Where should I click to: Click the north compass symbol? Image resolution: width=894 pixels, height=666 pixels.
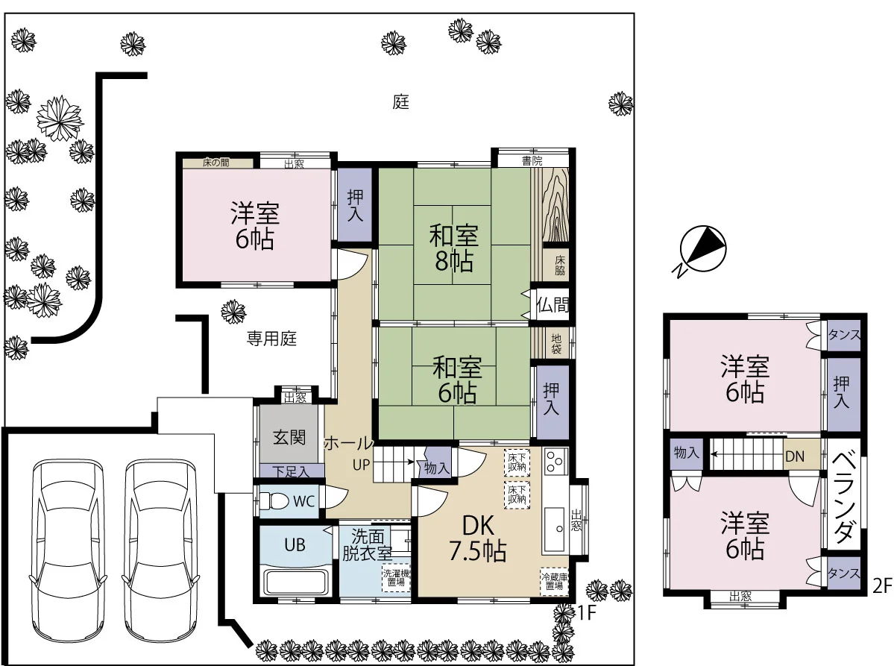702,250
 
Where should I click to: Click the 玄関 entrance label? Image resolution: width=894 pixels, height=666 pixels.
289,437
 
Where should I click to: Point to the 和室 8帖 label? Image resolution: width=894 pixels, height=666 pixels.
454,248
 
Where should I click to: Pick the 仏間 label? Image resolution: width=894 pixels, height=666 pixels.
553,305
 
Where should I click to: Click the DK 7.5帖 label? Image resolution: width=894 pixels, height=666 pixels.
478,539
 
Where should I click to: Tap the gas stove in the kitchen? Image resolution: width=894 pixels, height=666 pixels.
555,462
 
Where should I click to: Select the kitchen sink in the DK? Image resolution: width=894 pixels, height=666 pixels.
553,530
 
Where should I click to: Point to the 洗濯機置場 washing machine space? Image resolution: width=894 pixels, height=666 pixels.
396,577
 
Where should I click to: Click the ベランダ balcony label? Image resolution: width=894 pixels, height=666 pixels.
844,497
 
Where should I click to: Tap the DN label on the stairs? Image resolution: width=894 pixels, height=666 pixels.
795,456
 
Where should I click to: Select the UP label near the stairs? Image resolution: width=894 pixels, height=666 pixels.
362,465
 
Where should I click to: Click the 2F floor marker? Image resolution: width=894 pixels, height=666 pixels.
883,586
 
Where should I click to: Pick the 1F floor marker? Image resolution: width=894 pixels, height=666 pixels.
586,613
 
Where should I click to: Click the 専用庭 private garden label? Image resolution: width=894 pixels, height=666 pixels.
271,339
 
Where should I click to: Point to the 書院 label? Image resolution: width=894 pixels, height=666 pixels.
532,161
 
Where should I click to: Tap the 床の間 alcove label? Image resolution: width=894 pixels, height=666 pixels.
216,163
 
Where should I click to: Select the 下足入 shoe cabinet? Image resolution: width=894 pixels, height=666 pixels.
291,471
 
